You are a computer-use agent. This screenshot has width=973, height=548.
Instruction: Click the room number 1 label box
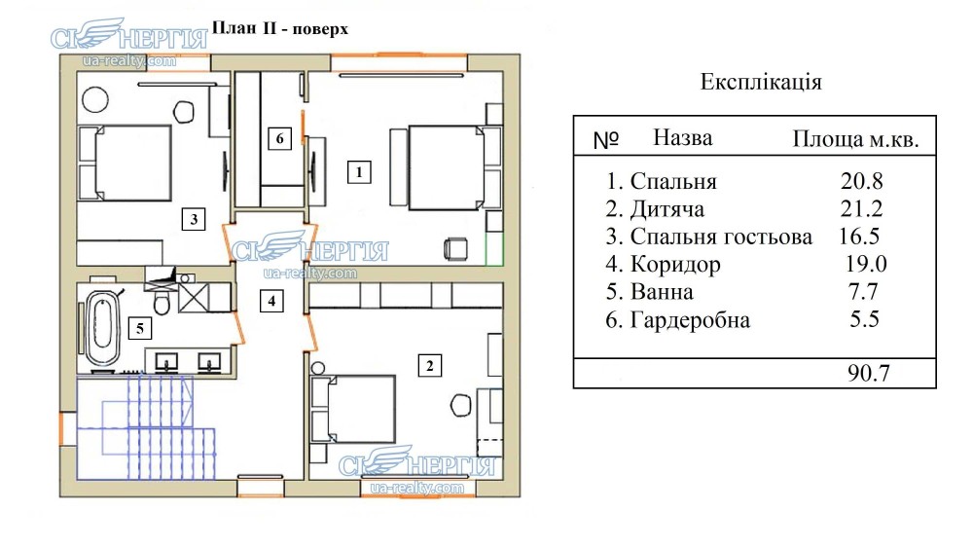point(359,173)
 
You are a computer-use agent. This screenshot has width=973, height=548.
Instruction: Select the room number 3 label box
point(195,219)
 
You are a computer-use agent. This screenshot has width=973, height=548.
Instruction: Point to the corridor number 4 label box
point(272,302)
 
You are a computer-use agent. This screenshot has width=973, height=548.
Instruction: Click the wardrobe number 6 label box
point(279,139)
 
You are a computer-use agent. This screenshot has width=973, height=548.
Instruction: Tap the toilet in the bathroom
point(163,305)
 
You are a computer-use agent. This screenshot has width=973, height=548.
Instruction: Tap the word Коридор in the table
point(675,264)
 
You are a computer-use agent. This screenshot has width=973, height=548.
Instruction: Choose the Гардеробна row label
point(690,320)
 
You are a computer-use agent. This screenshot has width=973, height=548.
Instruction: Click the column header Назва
point(682,138)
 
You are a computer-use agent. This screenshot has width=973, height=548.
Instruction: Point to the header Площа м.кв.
point(856,139)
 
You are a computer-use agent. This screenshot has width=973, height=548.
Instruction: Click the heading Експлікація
point(761,81)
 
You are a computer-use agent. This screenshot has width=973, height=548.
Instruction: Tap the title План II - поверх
point(280,28)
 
